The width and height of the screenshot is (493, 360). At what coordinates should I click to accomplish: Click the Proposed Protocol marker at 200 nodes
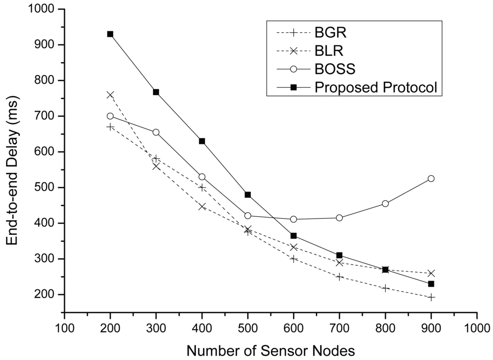click(x=110, y=34)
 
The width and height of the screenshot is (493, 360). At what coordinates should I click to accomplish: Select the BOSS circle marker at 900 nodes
click(x=431, y=179)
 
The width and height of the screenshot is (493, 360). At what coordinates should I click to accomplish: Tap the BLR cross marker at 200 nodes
click(x=110, y=95)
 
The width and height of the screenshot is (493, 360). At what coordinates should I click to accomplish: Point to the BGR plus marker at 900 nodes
click(x=431, y=297)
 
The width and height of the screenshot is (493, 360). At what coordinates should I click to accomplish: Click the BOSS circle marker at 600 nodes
click(x=293, y=219)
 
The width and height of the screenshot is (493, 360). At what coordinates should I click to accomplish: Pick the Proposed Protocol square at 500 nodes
click(x=247, y=194)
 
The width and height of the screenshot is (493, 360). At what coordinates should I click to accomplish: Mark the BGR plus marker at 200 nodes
click(x=110, y=127)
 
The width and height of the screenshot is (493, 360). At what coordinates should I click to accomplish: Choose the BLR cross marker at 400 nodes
click(x=202, y=207)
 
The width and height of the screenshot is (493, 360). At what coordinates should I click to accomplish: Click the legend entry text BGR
click(x=331, y=33)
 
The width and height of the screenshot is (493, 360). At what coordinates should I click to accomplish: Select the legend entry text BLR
click(x=330, y=51)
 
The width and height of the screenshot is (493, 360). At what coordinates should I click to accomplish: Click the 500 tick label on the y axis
click(x=46, y=188)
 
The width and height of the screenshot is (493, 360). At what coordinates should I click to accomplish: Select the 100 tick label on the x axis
click(x=65, y=328)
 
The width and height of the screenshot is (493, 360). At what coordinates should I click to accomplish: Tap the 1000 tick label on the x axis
click(x=477, y=328)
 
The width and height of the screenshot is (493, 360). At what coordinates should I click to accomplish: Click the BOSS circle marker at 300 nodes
click(x=156, y=132)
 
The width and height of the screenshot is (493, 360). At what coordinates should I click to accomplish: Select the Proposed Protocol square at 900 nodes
click(x=431, y=284)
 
